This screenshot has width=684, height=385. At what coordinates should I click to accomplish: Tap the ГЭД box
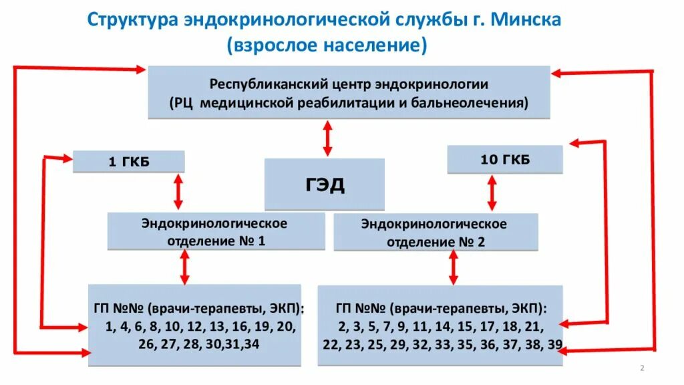click(325, 184)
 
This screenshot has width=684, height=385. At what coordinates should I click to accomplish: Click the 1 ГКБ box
click(128, 162)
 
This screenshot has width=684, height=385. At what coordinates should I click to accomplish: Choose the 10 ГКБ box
click(504, 160)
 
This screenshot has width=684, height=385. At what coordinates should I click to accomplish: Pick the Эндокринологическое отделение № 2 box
click(434, 233)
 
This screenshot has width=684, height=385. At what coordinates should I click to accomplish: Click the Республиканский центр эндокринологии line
click(349, 85)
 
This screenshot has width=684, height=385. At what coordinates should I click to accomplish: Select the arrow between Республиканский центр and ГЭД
click(327, 138)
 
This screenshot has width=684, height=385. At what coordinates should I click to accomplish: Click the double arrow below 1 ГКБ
click(178, 192)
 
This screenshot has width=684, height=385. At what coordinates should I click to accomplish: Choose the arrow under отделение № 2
click(453, 268)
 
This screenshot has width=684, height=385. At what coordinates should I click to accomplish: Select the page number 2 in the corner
click(642, 368)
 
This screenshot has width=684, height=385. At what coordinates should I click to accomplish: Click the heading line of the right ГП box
click(440, 309)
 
